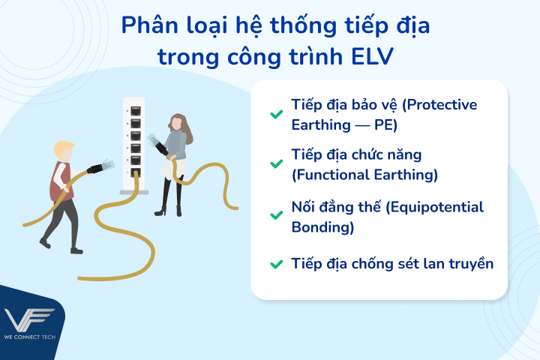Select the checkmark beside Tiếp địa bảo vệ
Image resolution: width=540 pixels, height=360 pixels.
pos(275,114)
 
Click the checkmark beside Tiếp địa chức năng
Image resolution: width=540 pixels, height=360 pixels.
pos(275,164)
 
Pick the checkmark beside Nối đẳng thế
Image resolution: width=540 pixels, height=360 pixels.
pos(275,215)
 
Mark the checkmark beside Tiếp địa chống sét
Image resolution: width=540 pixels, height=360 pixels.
pos(275,263)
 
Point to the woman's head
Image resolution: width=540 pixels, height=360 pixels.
pos(178,122)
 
